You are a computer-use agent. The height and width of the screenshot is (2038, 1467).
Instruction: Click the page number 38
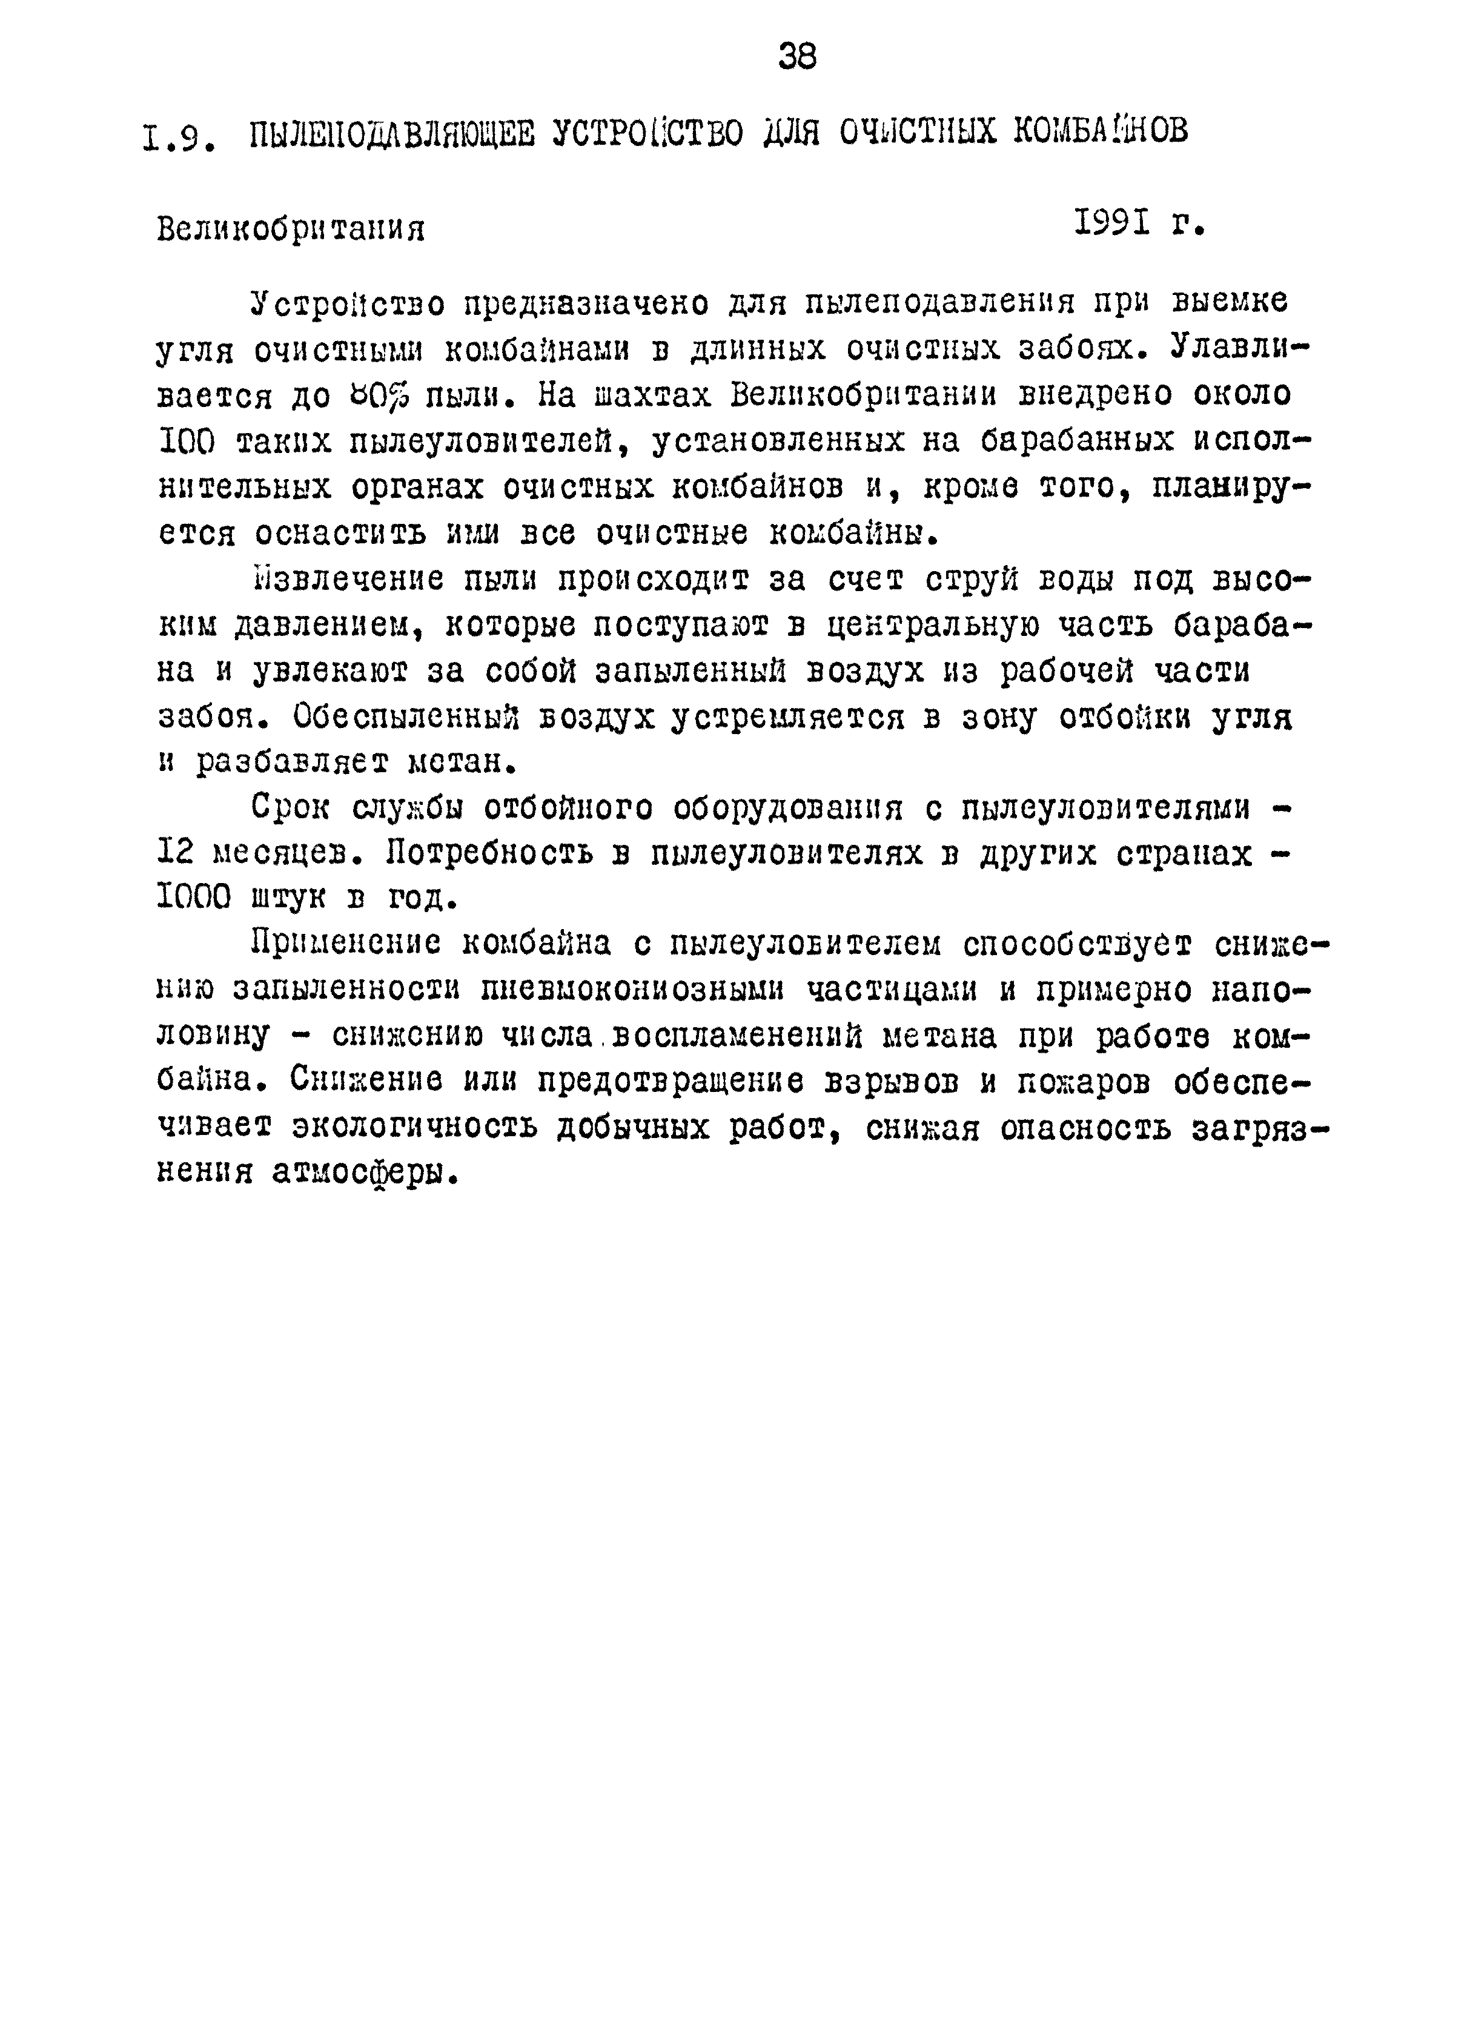797,58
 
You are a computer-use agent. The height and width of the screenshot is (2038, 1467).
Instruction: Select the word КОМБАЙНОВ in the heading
1099,131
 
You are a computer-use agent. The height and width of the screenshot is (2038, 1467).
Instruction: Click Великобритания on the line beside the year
290,230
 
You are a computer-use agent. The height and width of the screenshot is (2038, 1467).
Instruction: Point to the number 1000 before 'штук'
193,898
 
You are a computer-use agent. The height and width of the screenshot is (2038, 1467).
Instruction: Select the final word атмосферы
364,1174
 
